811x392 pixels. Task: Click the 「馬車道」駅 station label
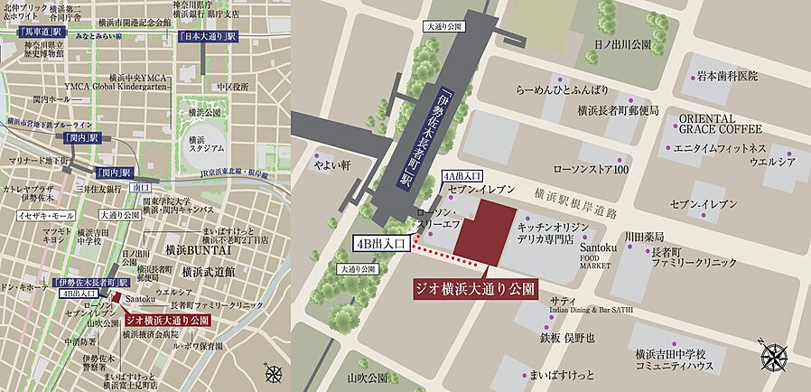click(41, 32)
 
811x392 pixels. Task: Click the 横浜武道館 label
click(208, 271)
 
